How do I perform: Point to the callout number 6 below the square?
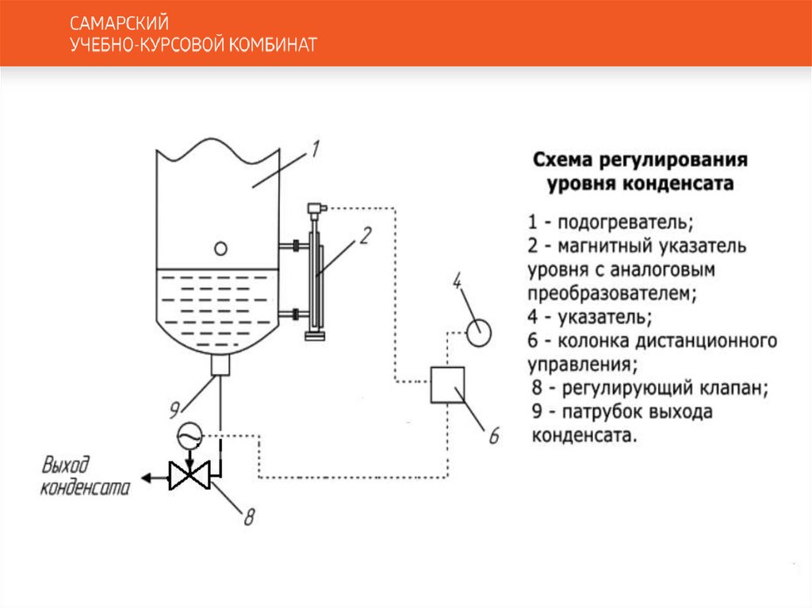(493, 435)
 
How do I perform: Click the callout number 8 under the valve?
(248, 518)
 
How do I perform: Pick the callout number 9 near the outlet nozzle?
(174, 408)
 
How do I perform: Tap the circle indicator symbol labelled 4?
(479, 331)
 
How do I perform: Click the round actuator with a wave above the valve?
(189, 434)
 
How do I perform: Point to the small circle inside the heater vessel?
(221, 249)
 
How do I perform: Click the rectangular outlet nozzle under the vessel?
(220, 365)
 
